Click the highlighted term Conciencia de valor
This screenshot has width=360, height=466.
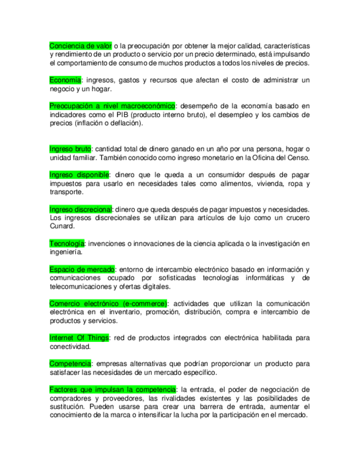(80, 45)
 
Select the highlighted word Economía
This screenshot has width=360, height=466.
(65, 80)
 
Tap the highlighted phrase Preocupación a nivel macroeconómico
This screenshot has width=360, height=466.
(112, 106)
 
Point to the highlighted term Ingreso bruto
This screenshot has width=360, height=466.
(70, 149)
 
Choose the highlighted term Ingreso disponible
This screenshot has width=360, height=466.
(79, 175)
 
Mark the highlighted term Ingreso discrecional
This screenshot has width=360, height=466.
(81, 209)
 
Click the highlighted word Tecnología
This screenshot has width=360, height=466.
(67, 243)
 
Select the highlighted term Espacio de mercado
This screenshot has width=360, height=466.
(82, 269)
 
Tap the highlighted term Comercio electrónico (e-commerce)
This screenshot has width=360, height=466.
(108, 303)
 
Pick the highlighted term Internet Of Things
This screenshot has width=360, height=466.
(79, 338)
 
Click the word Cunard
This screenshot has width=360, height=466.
(61, 226)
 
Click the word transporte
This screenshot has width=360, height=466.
(67, 192)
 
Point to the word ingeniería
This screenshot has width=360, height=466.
(66, 252)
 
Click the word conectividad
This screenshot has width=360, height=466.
(70, 347)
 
